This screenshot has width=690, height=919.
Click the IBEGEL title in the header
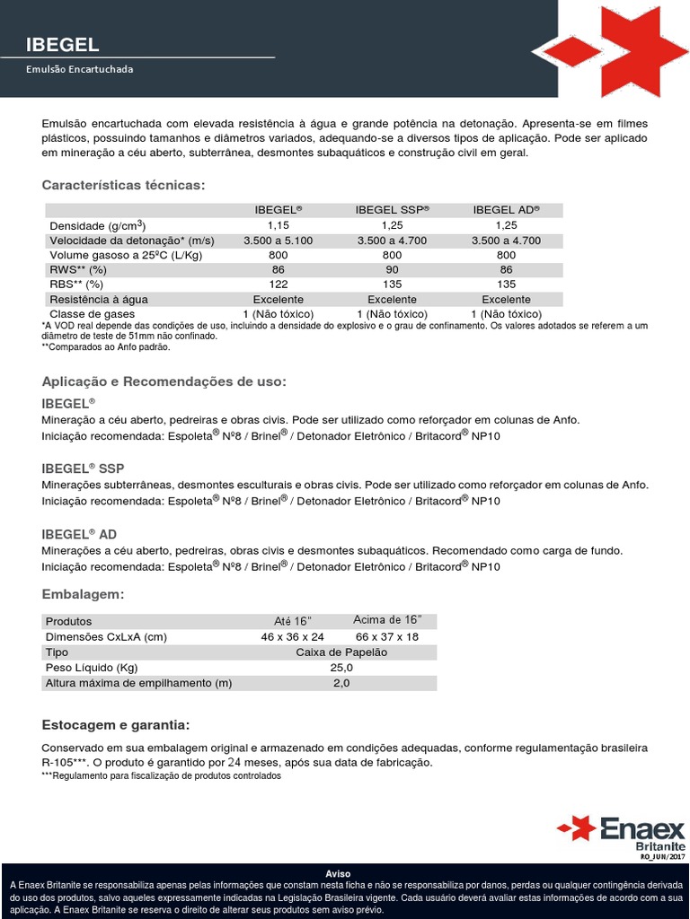click(63, 45)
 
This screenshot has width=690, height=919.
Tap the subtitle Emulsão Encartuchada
click(79, 68)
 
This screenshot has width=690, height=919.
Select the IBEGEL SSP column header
click(392, 209)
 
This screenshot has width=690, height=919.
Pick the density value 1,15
click(279, 224)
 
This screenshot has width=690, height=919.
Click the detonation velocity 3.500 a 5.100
click(279, 240)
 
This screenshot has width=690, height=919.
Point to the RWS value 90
click(392, 269)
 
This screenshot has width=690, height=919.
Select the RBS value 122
click(279, 284)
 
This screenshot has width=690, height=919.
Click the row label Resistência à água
click(99, 299)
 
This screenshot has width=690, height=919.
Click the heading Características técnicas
click(123, 185)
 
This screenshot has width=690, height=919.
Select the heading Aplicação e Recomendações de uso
click(164, 381)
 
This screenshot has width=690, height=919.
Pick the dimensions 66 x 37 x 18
click(387, 636)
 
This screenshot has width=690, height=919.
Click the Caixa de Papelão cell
click(341, 652)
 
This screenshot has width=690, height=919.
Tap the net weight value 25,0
click(341, 668)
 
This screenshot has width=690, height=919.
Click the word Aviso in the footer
click(338, 873)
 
